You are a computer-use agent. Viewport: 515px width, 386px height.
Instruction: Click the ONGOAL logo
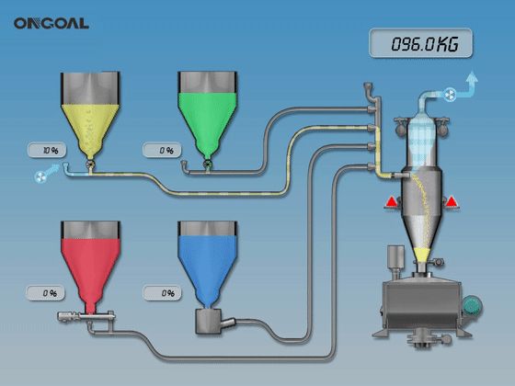pos(51,23)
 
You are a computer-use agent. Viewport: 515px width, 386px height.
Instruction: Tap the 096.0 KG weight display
pos(421,43)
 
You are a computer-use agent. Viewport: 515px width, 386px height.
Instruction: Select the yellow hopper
pos(90,115)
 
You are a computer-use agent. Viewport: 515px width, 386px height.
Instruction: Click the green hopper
pos(207,115)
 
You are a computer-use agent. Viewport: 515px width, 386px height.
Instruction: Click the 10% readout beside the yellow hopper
pos(47,151)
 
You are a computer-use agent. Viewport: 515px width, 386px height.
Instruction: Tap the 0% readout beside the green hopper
pos(162,151)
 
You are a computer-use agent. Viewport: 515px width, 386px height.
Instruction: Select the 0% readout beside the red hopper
pos(45,293)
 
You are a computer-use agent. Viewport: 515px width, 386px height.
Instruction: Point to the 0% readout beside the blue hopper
pos(162,293)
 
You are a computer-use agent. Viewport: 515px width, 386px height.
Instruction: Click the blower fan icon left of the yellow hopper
pos(40,176)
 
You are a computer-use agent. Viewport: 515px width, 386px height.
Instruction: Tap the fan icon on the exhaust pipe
pos(450,95)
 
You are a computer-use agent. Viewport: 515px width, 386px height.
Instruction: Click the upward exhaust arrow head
pos(472,77)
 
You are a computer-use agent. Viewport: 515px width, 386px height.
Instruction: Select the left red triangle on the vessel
pos(391,201)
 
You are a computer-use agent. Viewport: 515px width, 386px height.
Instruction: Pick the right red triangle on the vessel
pos(451,201)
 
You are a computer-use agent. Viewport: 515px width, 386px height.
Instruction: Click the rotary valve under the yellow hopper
pos(90,165)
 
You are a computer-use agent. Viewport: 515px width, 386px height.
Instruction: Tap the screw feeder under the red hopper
pos(86,316)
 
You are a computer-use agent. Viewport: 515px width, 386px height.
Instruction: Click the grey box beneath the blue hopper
pos(208,322)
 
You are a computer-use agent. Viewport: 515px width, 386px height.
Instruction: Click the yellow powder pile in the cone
pos(422,254)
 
